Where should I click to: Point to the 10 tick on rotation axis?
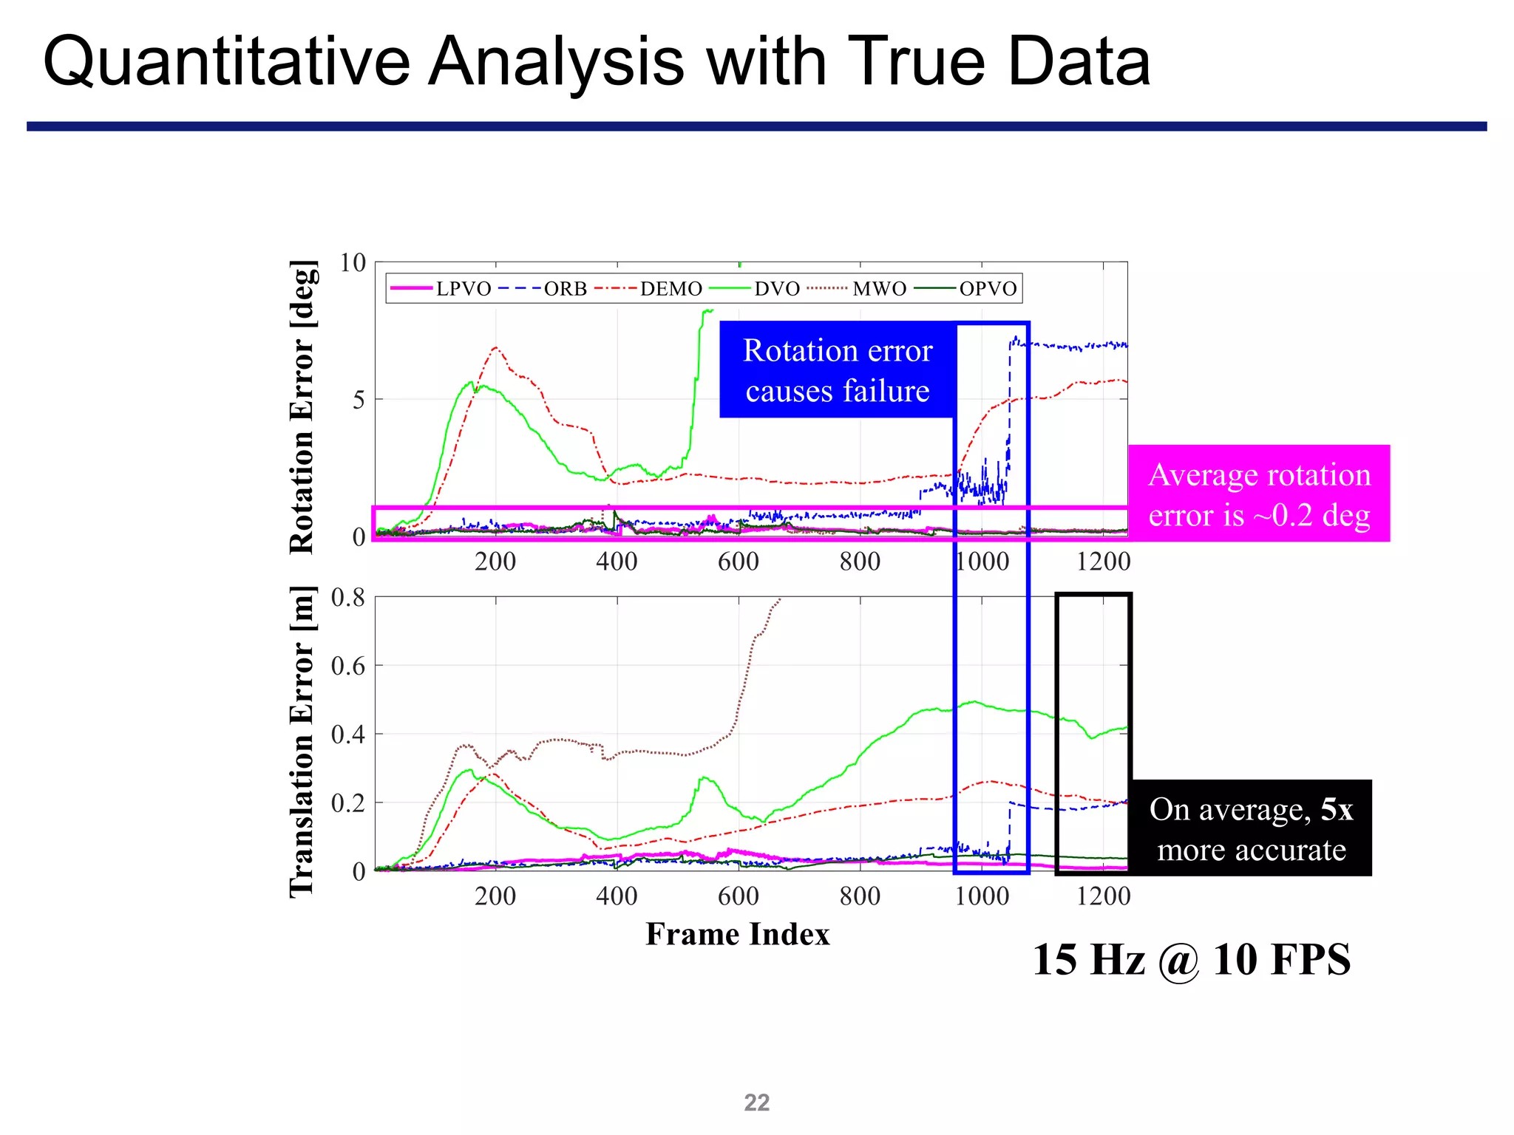(x=353, y=263)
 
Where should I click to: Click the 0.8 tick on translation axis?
(x=348, y=598)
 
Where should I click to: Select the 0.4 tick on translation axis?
(x=348, y=734)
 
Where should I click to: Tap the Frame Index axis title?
(x=737, y=935)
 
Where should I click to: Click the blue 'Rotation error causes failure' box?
(x=837, y=370)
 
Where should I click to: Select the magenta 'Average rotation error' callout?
(x=1258, y=494)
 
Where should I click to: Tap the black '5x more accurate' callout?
(x=1251, y=829)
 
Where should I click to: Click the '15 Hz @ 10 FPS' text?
(x=1191, y=960)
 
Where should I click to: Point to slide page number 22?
(x=756, y=1102)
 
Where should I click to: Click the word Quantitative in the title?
(x=226, y=62)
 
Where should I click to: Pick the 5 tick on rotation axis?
(x=359, y=401)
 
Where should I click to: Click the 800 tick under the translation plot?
(x=860, y=896)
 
